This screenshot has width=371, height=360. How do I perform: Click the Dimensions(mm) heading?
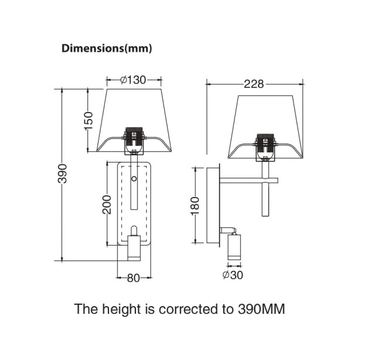pos(107,49)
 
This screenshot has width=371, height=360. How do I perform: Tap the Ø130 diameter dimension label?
pos(133,80)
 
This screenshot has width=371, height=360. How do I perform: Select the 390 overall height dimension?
pos(63,173)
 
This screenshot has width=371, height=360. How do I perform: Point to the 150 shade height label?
pos(89,121)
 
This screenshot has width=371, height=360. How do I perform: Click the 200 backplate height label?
pos(107,205)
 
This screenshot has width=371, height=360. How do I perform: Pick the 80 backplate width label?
pos(134,278)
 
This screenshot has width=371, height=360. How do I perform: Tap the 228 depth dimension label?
pos(254,84)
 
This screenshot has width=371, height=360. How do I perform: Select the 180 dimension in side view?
pos(195,206)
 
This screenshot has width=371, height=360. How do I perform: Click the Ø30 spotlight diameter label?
pos(233,275)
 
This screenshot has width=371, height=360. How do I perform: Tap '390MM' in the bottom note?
pos(261,309)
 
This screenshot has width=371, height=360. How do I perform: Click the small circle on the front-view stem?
pos(134,178)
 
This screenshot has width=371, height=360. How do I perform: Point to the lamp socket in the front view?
pos(134,141)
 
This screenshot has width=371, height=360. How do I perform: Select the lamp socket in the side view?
pos(266,147)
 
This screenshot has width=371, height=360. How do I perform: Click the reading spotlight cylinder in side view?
pos(234,247)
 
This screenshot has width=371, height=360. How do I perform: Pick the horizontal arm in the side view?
pos(249,181)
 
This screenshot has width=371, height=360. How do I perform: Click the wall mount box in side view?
pos(213,205)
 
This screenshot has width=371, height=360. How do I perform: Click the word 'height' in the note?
pos(121,310)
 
